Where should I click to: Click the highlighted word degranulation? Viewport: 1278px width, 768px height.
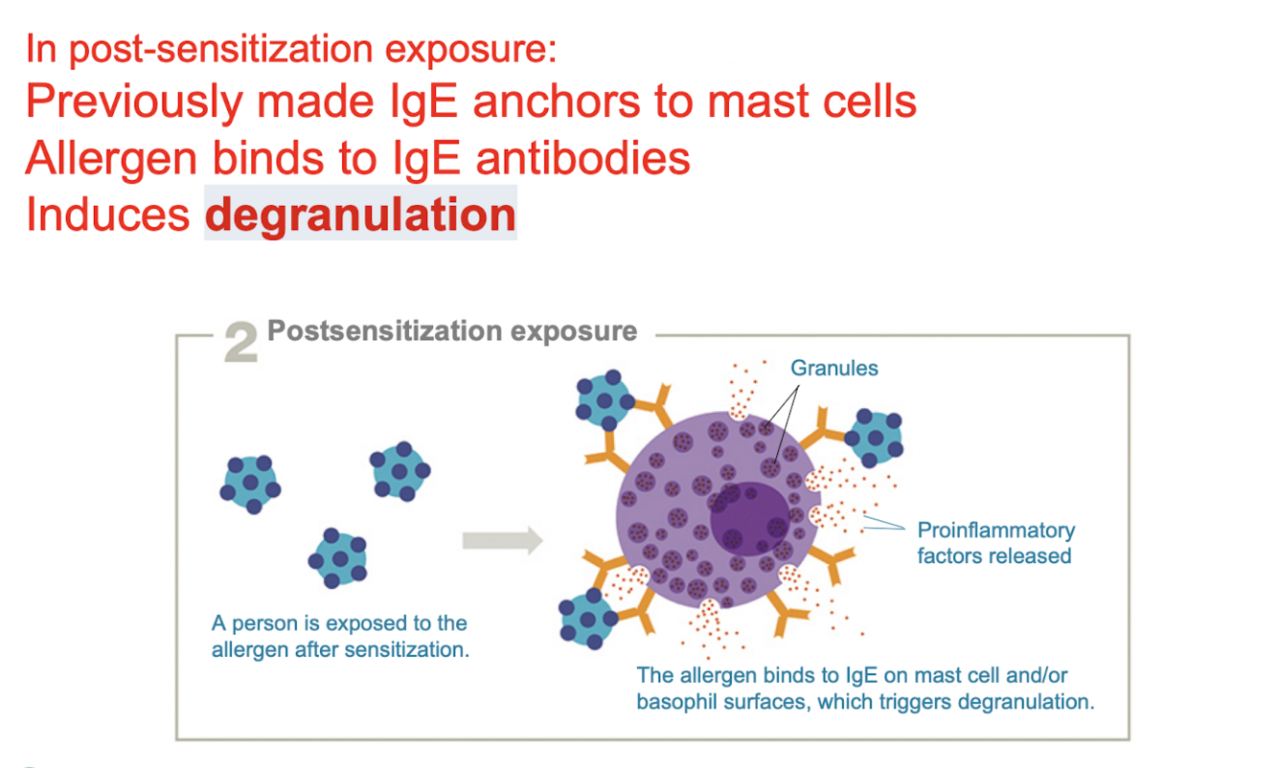[x=360, y=215]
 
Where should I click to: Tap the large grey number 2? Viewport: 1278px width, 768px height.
[x=240, y=343]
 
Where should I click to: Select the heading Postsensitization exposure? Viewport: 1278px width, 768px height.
[x=451, y=331]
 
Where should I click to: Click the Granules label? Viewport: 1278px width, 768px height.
[x=833, y=368]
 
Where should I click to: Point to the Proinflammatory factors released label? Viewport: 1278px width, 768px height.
[x=995, y=543]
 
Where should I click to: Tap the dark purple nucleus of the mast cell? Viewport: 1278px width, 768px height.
[x=748, y=516]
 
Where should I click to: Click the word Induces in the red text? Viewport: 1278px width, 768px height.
[x=107, y=215]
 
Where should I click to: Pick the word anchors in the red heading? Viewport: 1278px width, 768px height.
[x=559, y=101]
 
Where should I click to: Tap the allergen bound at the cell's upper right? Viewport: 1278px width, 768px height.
[x=873, y=438]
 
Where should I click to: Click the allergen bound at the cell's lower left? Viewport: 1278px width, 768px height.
[x=586, y=620]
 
